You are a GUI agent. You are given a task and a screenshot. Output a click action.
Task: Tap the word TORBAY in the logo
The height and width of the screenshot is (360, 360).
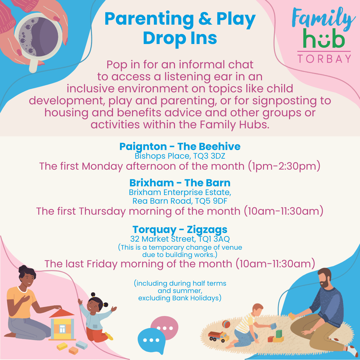324,59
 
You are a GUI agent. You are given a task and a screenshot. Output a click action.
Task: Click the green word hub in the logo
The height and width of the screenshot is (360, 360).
324,39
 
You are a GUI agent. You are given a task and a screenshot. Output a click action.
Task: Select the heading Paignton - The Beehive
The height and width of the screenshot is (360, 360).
180,146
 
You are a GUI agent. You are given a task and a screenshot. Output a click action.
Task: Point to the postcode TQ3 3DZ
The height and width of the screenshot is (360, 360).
209,156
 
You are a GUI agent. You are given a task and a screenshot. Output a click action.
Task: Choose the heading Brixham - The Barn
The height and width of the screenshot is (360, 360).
180,183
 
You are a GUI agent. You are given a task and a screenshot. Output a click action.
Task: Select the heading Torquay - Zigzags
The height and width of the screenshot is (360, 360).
180,229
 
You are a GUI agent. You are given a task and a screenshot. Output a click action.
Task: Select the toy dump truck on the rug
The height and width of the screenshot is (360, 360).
218,336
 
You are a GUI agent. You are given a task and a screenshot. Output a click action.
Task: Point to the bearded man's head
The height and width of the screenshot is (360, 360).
325,278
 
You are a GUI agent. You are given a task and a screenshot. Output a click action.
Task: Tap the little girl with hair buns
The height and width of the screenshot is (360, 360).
96,317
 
